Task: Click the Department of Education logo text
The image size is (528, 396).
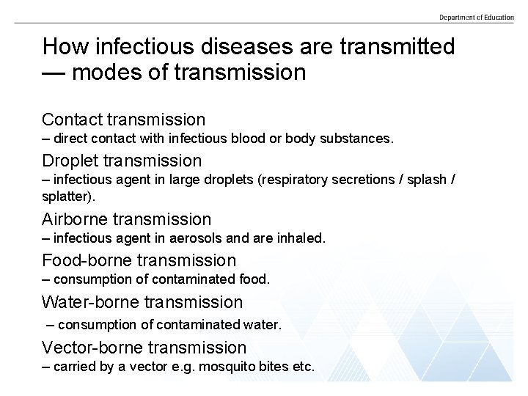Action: [476, 18]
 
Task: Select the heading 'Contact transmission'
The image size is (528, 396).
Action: [123, 119]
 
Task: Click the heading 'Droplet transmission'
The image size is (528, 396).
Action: [121, 160]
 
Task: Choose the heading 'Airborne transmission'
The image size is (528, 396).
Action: [126, 219]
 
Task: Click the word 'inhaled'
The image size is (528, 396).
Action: [301, 238]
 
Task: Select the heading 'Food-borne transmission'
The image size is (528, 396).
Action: [139, 260]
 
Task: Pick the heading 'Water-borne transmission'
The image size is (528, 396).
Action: [142, 301]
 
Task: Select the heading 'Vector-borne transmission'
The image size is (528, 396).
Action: [144, 347]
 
